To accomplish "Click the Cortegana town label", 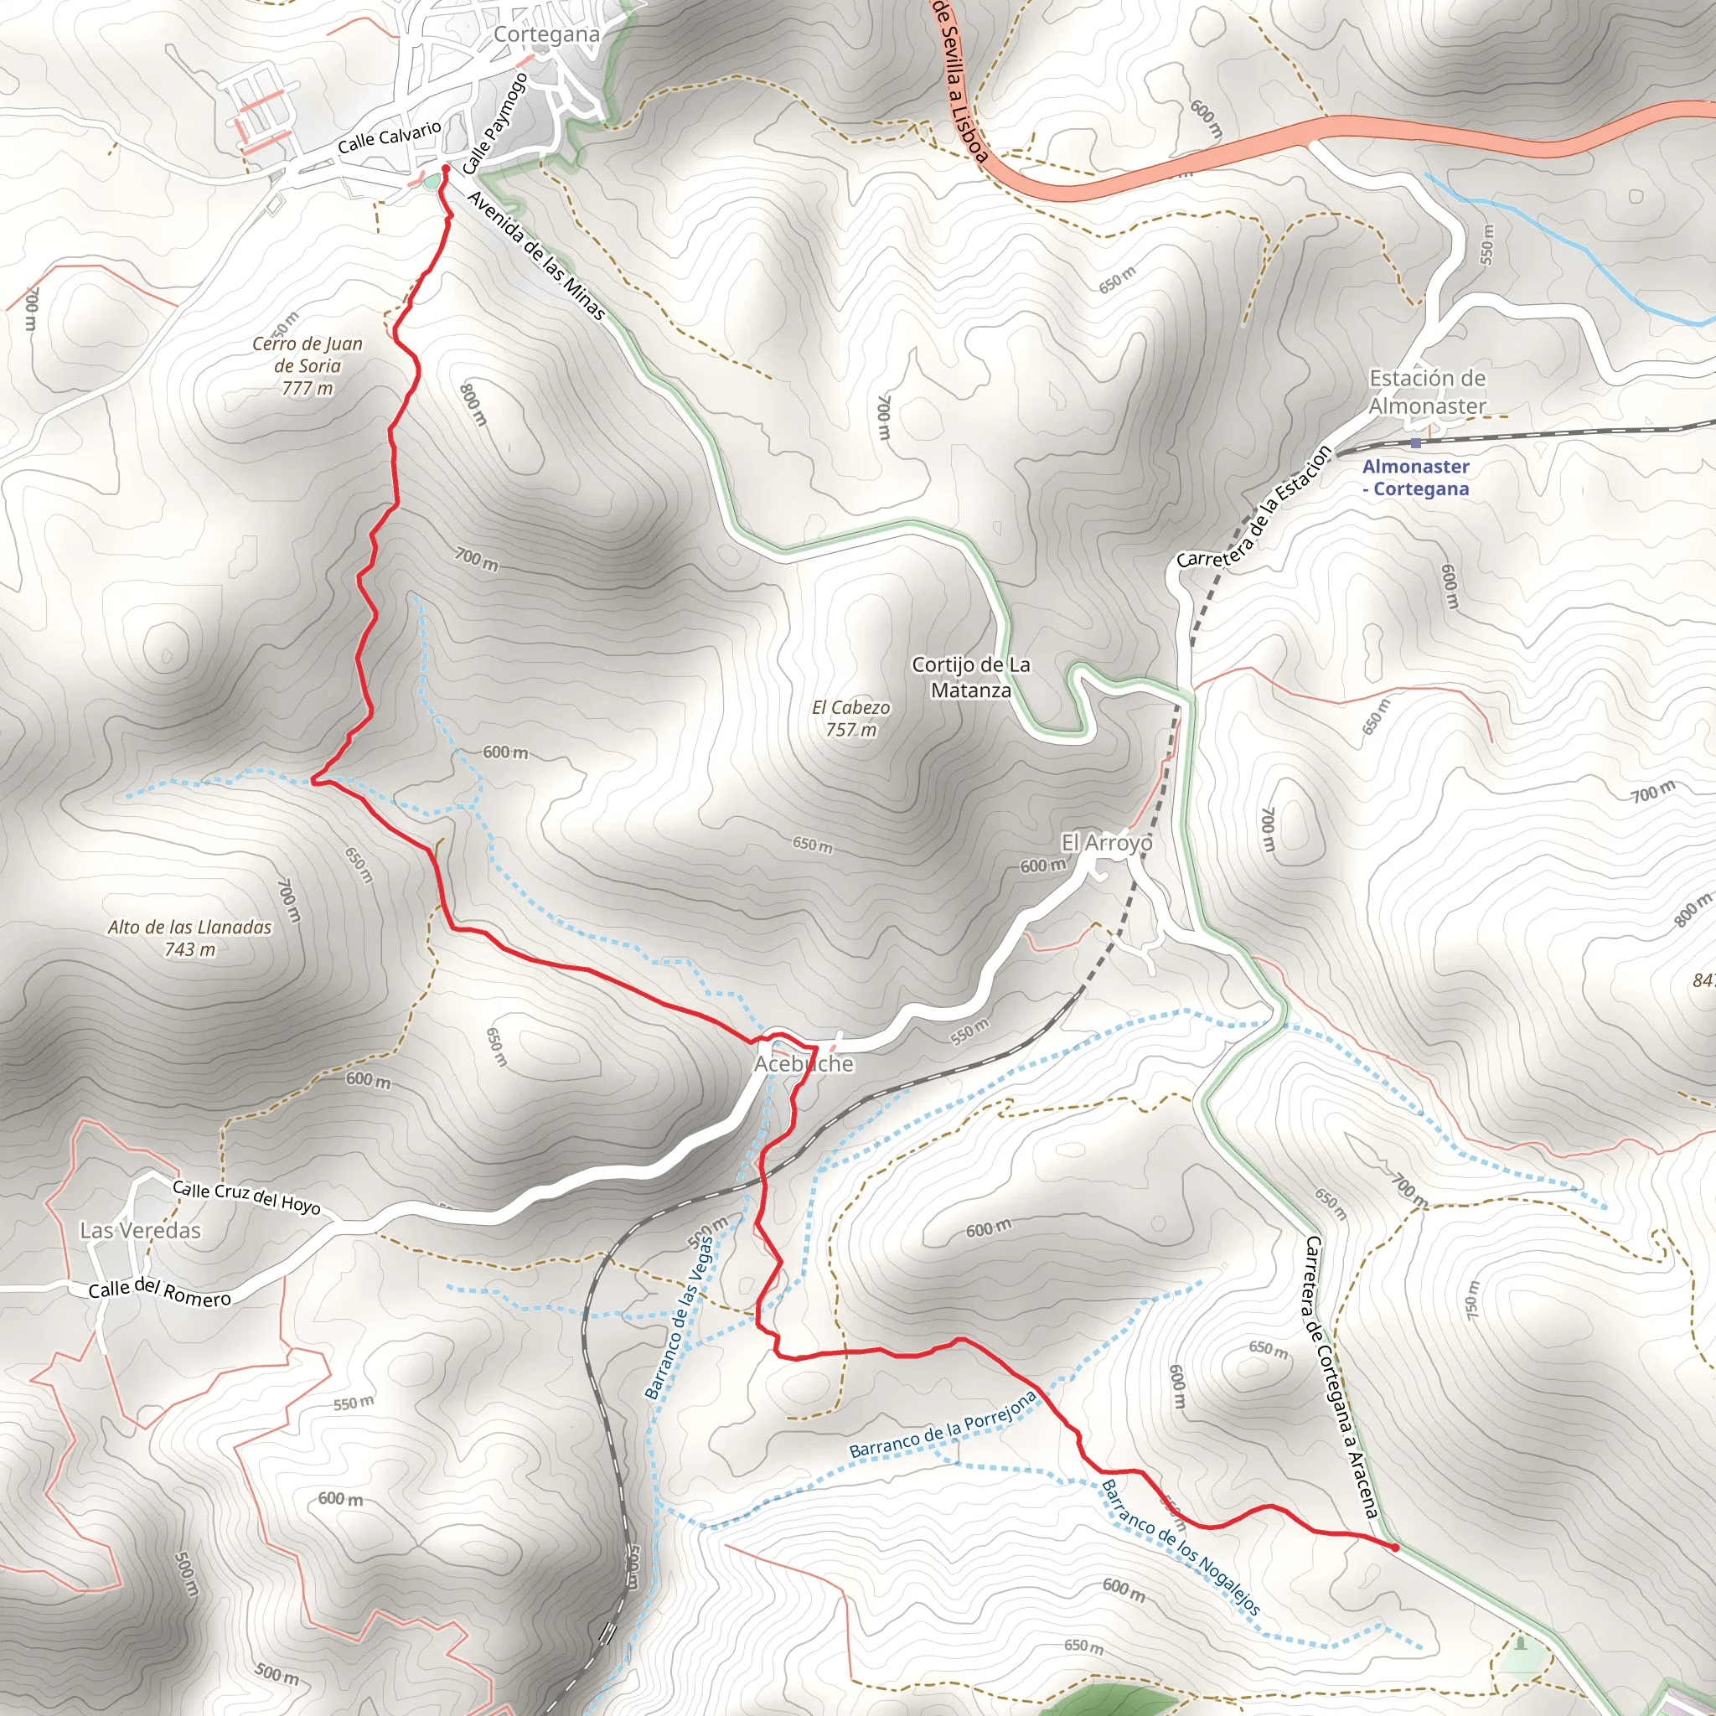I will (546, 34).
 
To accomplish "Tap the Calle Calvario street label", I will (389, 137).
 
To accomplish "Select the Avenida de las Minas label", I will (535, 255).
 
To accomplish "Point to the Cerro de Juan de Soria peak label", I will (308, 365).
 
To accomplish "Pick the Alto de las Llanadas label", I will (190, 937).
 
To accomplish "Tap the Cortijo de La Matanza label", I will (971, 677).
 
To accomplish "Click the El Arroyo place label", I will (1107, 842).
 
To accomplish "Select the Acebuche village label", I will (804, 1063).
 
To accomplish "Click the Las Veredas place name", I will (140, 1230).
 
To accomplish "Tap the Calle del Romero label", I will (160, 1292).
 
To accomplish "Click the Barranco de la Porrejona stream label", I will (943, 1425).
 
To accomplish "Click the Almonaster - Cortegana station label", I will (1415, 477).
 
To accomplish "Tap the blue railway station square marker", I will (1415, 442).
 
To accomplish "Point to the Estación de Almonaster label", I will (1426, 391).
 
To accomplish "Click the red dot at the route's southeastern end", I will (1395, 1548).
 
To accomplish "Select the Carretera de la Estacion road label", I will (1254, 507).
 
